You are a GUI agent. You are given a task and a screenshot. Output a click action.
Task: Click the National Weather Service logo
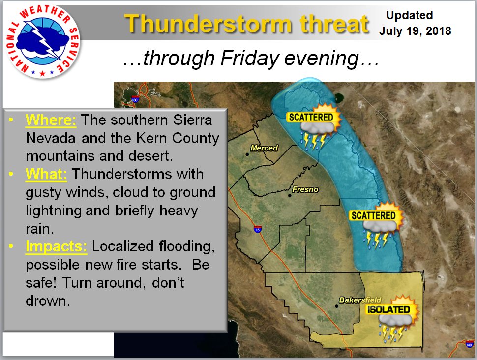(43, 41)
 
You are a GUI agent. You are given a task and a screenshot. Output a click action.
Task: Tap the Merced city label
(264, 148)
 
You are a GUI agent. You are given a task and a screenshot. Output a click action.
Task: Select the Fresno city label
(305, 189)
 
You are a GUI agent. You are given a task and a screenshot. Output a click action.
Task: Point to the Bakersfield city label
(360, 300)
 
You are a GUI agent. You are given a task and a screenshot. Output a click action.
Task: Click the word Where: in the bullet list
(51, 120)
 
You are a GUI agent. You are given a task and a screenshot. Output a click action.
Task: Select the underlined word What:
(46, 174)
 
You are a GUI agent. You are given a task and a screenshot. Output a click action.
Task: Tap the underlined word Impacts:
(56, 246)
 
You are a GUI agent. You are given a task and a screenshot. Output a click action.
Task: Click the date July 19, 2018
(415, 31)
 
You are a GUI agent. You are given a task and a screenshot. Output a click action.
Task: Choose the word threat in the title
(334, 24)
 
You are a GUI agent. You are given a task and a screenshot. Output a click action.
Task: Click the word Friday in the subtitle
(250, 58)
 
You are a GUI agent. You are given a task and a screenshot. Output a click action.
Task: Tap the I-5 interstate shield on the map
(258, 229)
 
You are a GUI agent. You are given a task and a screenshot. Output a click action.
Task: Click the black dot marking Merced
(247, 154)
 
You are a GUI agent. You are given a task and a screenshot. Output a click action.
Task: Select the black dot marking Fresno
(290, 195)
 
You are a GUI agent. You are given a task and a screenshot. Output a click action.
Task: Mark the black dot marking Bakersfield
(336, 306)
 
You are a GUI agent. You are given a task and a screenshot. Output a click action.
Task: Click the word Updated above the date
(410, 15)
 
